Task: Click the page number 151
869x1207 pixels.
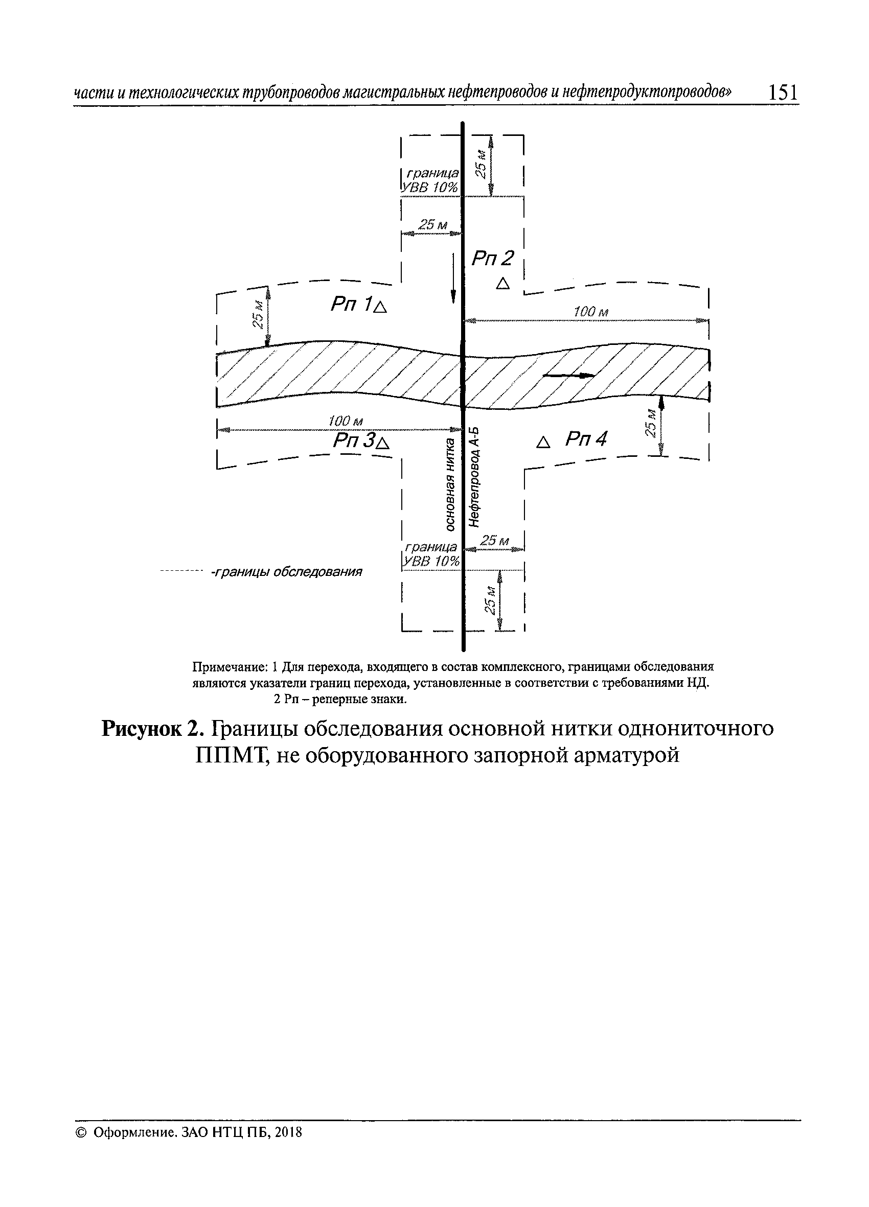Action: coord(783,92)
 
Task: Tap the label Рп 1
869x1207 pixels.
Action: coord(352,304)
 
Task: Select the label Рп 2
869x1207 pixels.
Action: coord(493,259)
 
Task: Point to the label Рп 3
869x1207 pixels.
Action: coord(354,440)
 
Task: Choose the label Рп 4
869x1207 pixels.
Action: coord(586,439)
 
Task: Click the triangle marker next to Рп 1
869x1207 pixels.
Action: coord(381,307)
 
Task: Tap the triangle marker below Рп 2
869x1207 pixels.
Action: coord(502,284)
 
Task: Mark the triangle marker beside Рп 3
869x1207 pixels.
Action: coord(383,442)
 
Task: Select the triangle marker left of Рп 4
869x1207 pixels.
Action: coord(543,442)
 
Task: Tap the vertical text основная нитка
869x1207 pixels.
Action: coord(450,484)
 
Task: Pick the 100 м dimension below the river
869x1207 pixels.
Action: coord(346,421)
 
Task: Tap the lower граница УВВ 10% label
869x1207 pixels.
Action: coord(431,554)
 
